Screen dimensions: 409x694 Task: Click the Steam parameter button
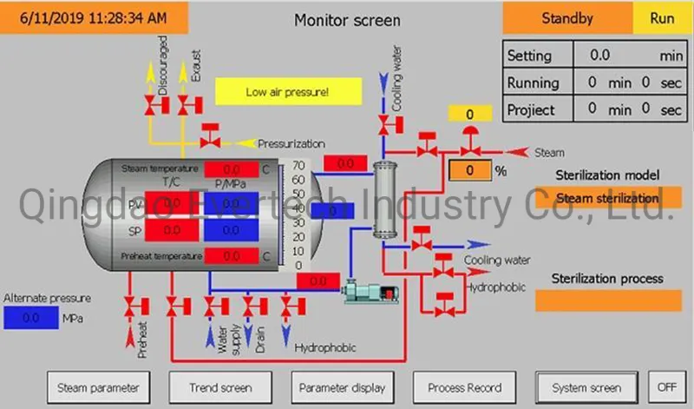(97, 387)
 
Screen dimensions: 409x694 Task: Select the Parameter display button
(342, 387)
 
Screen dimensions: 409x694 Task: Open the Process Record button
(465, 387)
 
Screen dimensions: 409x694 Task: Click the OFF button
(666, 387)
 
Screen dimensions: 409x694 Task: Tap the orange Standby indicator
(567, 17)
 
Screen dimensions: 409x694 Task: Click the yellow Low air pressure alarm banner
(287, 91)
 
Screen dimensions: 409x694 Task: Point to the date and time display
(94, 16)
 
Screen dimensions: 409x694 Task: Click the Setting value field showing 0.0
(600, 56)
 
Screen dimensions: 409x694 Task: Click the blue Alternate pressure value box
(30, 318)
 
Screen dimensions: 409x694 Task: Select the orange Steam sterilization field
(607, 198)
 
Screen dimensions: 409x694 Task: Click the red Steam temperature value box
(232, 168)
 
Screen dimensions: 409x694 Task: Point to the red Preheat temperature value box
(232, 256)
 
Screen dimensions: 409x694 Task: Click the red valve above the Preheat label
(131, 305)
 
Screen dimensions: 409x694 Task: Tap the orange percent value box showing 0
(469, 170)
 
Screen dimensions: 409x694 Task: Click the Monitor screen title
(347, 19)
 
